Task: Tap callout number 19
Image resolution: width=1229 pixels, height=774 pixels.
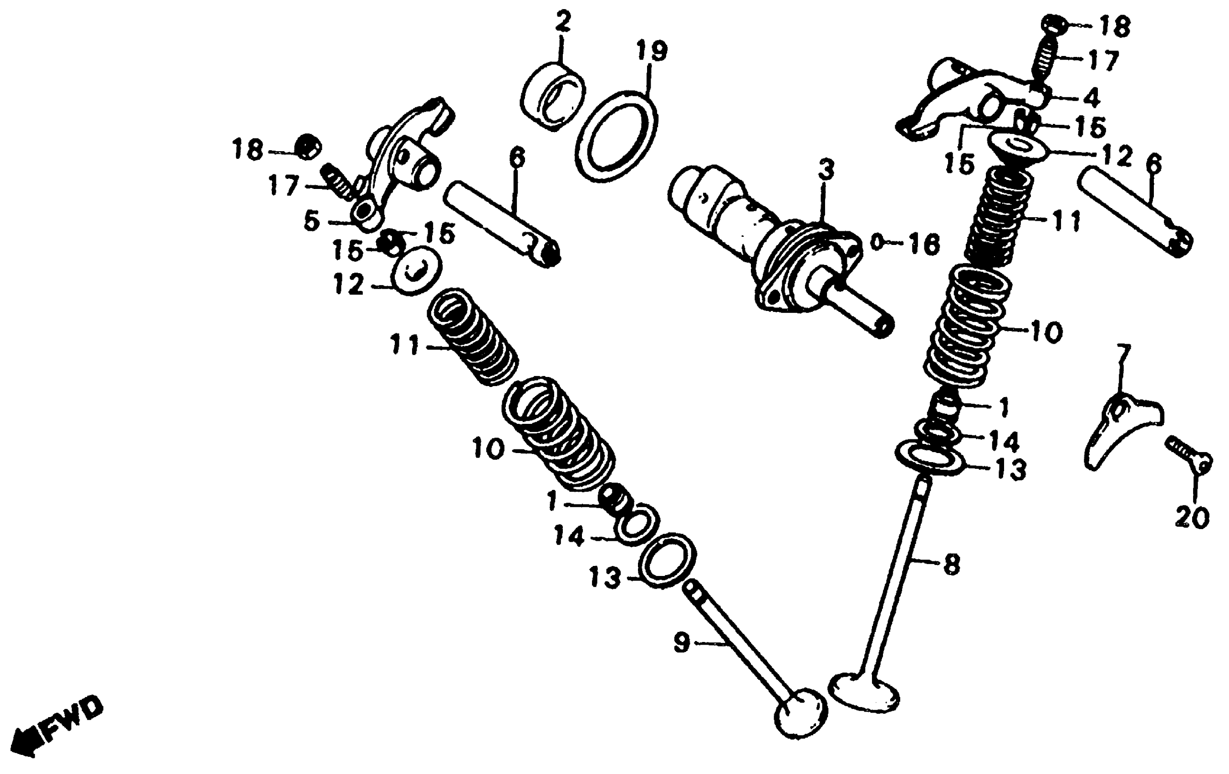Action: (x=651, y=51)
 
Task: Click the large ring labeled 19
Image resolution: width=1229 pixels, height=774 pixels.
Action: (x=616, y=136)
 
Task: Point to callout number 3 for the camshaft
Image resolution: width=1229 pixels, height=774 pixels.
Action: (x=826, y=170)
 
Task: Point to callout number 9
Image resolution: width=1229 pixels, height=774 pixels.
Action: (x=682, y=642)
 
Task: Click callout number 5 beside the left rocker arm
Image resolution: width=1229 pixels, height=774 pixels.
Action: (x=311, y=221)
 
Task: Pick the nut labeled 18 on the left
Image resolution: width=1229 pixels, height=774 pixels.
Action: (x=308, y=147)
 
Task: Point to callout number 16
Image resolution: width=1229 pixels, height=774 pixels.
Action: (x=923, y=244)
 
